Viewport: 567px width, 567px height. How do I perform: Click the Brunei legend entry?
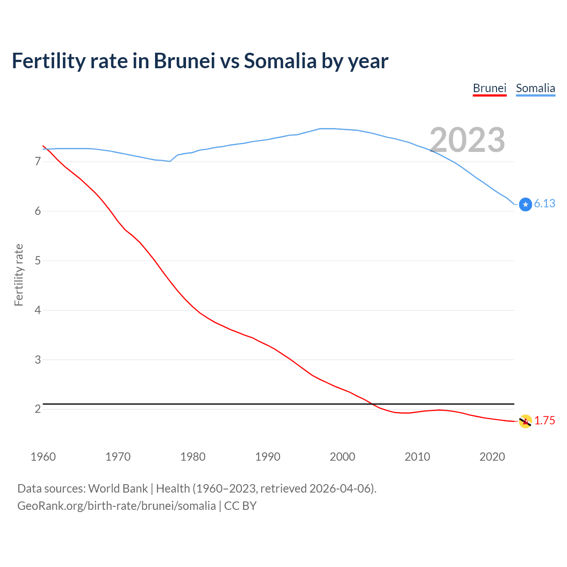tap(489, 88)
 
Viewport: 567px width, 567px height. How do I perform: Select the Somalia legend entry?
tap(535, 88)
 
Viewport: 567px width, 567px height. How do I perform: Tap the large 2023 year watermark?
tap(467, 140)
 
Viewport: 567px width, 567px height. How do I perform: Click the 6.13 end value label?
tap(544, 203)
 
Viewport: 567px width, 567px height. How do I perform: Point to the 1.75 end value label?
tap(544, 420)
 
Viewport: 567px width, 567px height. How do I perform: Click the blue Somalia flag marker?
tap(525, 204)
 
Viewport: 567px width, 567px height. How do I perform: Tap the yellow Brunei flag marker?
tap(525, 421)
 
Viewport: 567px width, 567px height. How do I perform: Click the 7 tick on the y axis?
tap(38, 162)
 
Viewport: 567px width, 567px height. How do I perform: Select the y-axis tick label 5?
tap(38, 260)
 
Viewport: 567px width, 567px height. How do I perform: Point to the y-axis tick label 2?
tap(38, 409)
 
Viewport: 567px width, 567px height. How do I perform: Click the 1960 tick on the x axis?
tap(43, 457)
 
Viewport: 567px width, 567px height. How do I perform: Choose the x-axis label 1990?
tap(268, 457)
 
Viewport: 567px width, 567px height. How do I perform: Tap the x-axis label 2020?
tap(492, 457)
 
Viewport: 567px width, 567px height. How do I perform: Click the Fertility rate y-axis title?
tap(19, 275)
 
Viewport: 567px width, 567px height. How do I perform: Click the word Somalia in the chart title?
tap(280, 61)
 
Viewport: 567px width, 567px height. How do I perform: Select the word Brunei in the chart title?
tap(184, 61)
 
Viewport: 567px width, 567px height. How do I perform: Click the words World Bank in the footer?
tap(118, 489)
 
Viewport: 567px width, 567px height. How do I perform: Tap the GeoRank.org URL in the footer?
tap(117, 506)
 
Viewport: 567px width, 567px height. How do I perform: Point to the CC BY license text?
tap(241, 506)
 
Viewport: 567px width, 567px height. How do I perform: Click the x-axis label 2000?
tap(342, 457)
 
